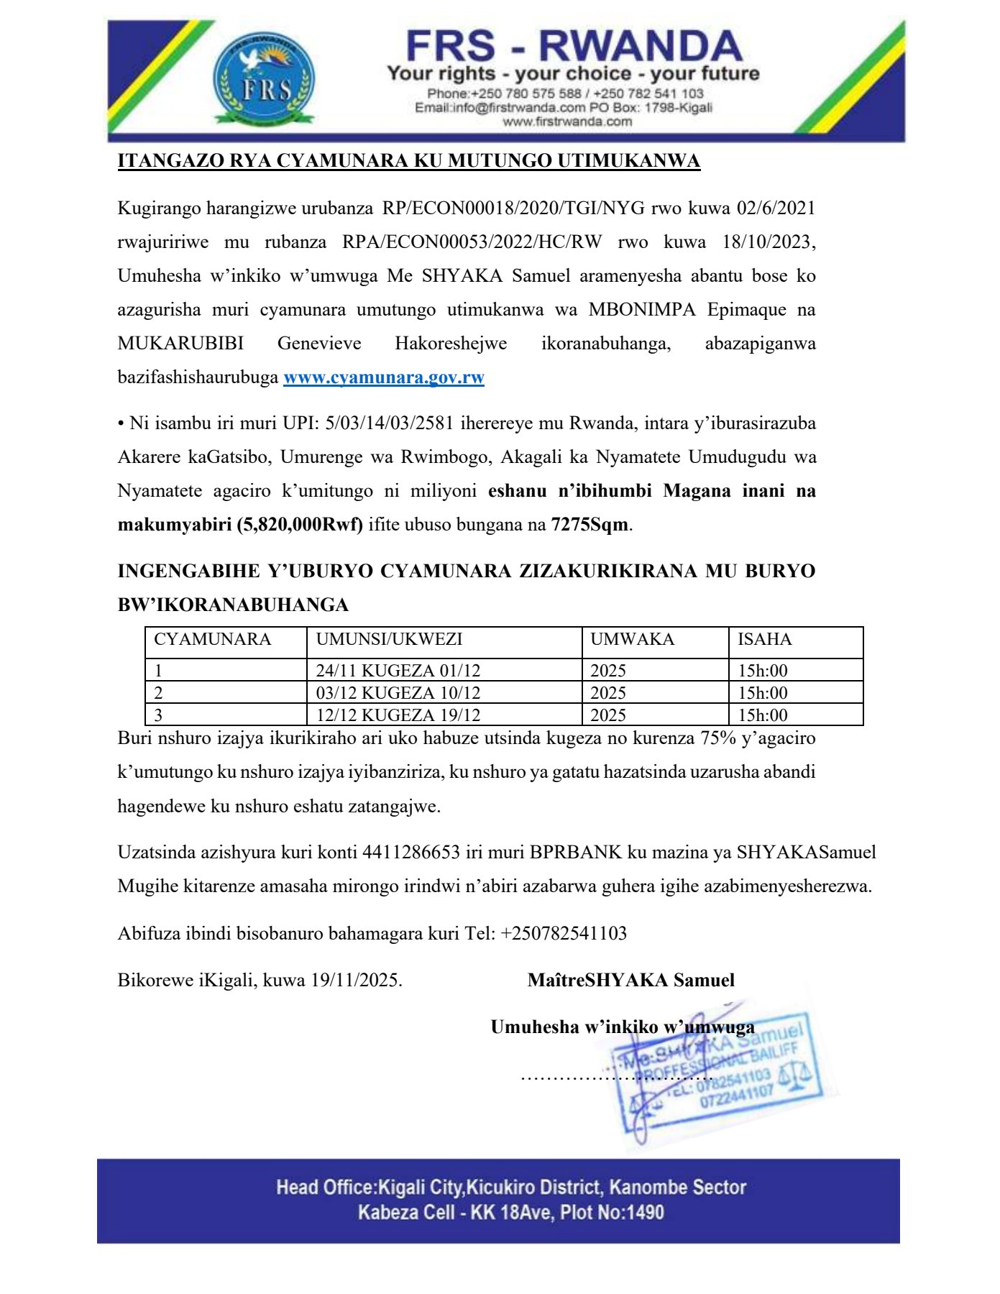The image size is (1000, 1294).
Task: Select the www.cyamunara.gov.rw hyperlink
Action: click(x=383, y=377)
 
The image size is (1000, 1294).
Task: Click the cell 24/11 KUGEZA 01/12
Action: click(x=398, y=671)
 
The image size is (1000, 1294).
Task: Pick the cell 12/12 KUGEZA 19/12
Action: click(x=398, y=715)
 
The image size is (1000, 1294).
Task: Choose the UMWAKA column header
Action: click(x=632, y=639)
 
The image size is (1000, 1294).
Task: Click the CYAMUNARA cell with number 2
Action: click(x=159, y=693)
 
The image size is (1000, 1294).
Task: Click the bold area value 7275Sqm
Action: click(x=590, y=525)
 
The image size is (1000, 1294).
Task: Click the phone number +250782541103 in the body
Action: click(x=564, y=934)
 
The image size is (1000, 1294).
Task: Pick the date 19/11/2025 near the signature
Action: click(x=355, y=981)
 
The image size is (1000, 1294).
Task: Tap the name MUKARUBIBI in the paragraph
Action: click(x=180, y=344)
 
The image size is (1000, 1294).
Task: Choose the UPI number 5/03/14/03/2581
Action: click(x=390, y=423)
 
